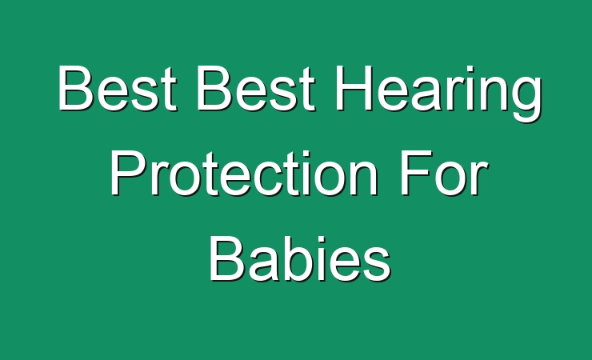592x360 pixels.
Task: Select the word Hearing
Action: click(x=438, y=94)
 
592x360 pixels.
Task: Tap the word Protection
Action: click(x=244, y=173)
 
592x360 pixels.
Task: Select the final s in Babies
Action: click(x=376, y=264)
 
